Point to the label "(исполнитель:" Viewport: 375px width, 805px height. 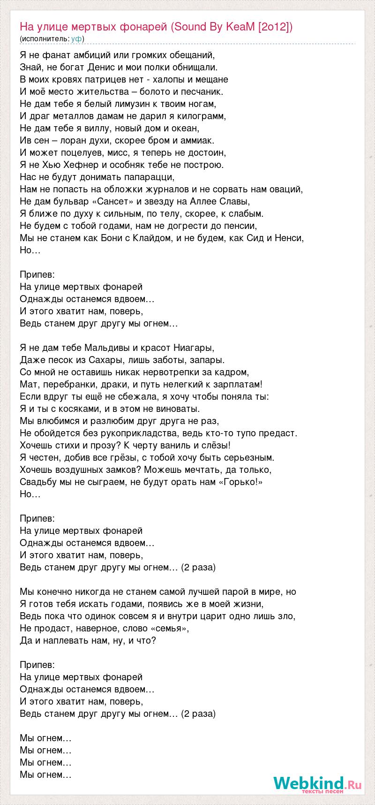coord(45,38)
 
